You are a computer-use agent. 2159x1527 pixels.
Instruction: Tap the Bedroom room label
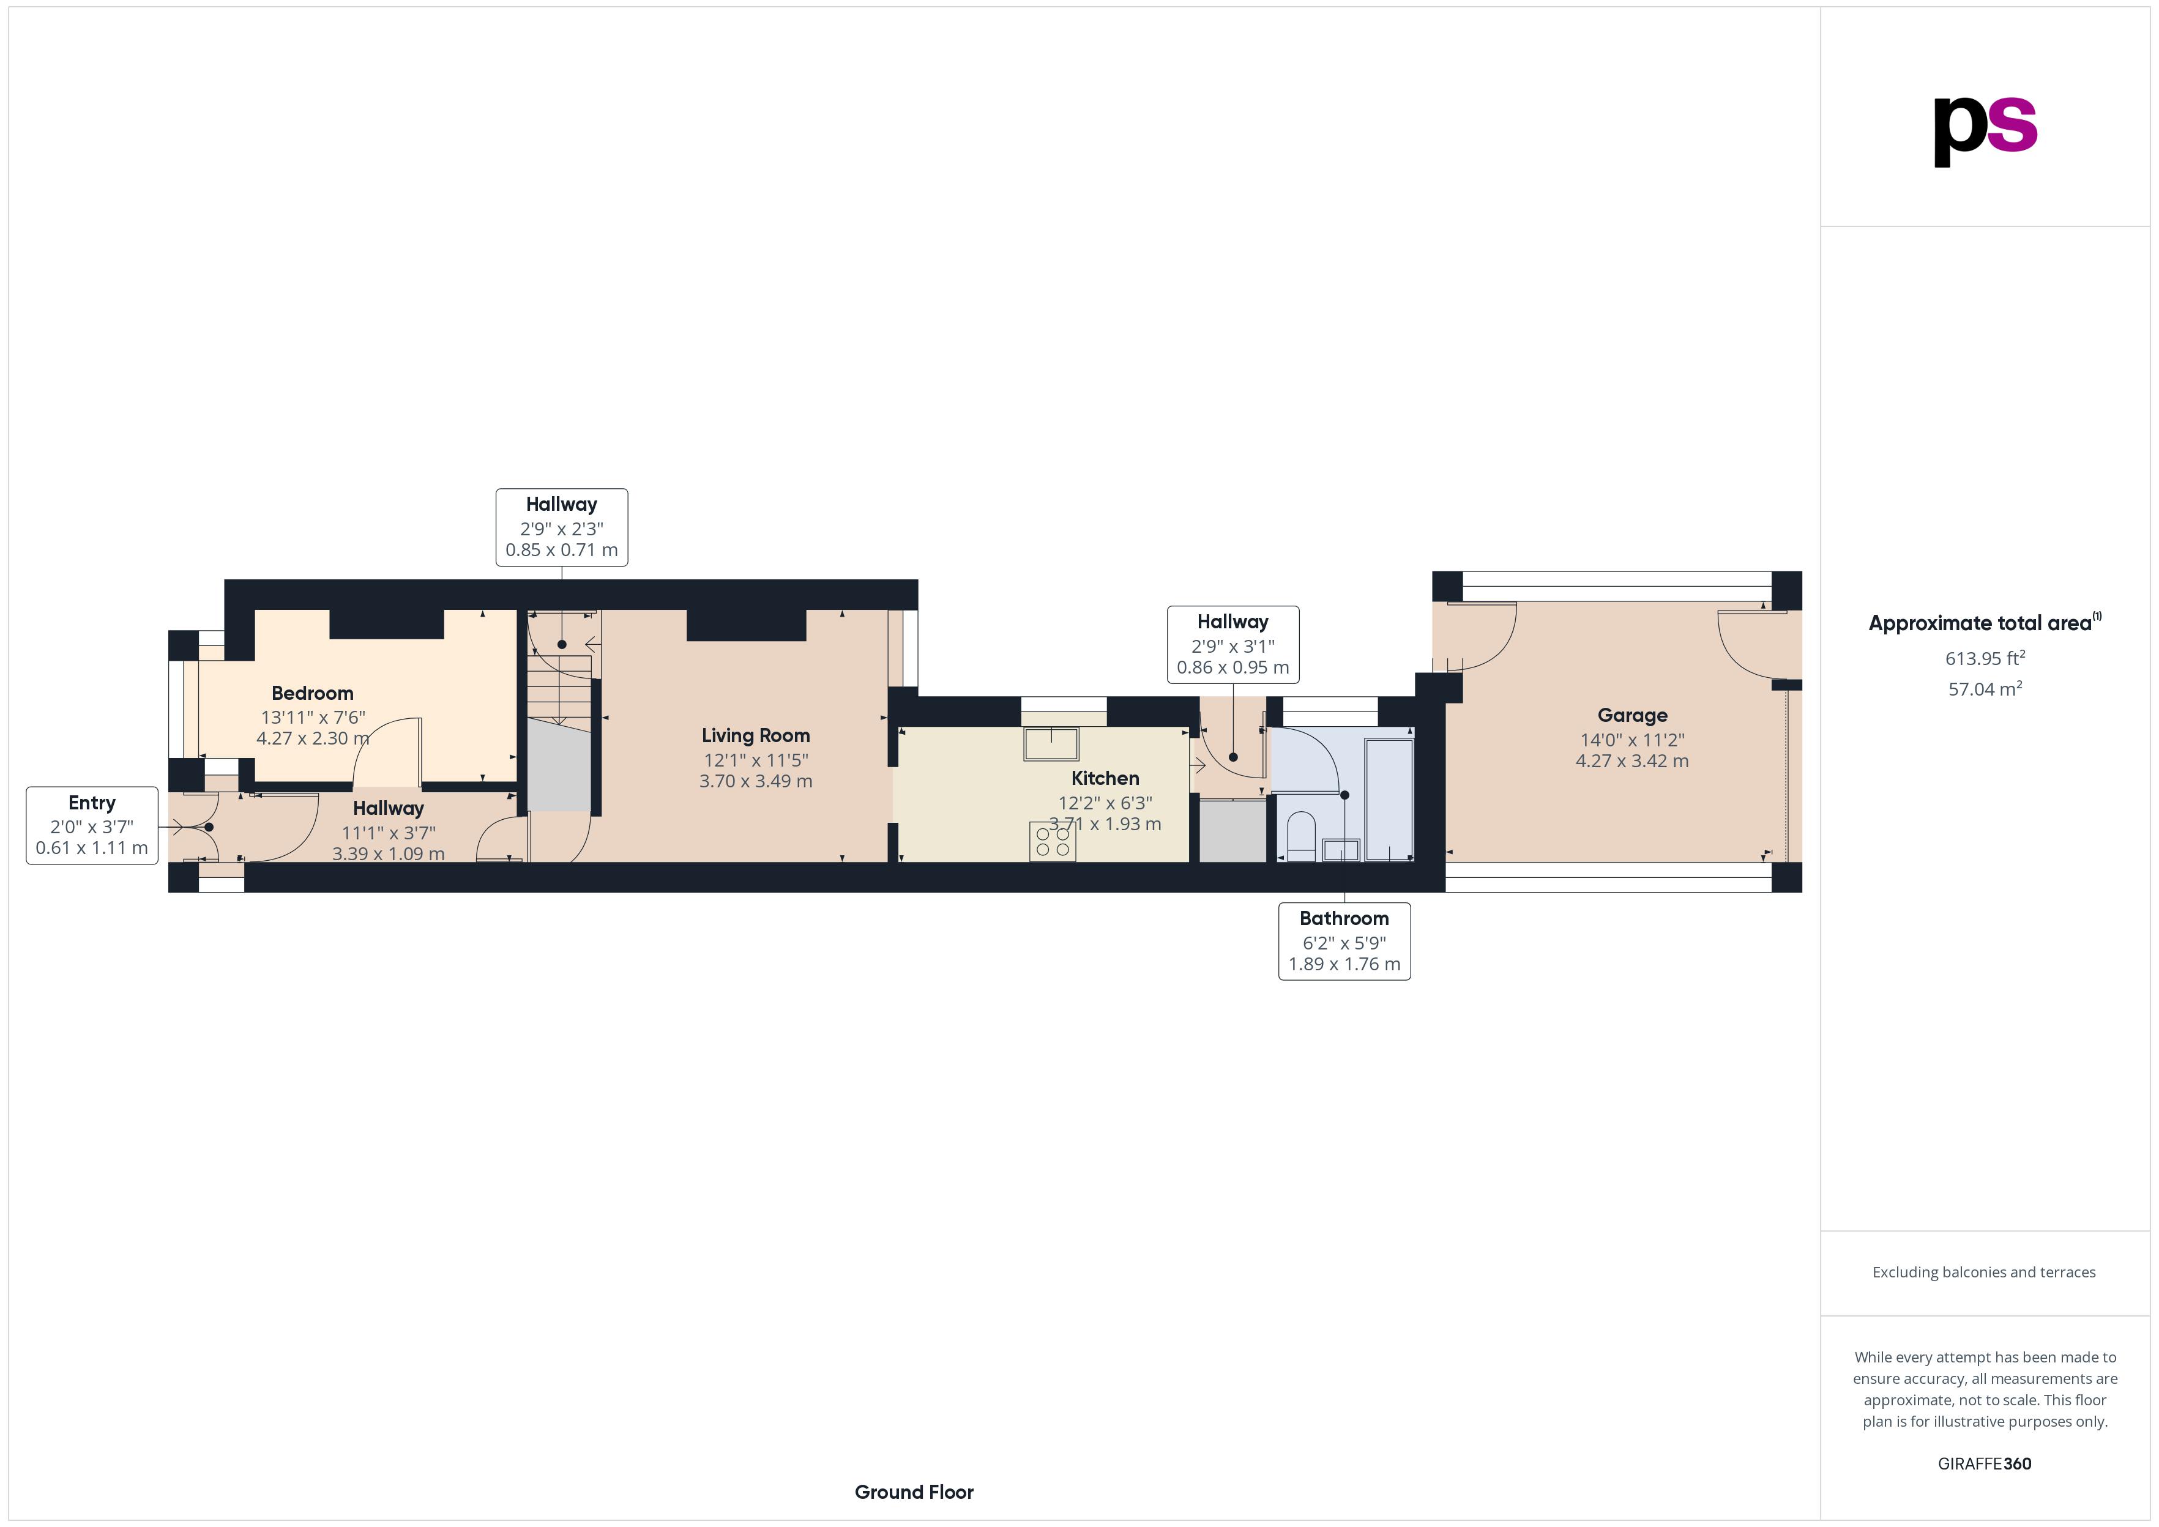(x=312, y=693)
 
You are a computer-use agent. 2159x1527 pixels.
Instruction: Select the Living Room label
(x=755, y=735)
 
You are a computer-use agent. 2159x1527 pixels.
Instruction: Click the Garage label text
(x=1633, y=716)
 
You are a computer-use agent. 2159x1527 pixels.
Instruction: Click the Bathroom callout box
(x=1344, y=940)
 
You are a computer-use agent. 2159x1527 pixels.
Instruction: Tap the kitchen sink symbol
(x=1051, y=743)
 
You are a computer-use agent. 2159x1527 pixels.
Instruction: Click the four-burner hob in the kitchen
(x=1052, y=842)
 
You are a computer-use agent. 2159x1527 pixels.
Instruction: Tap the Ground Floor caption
(x=914, y=1492)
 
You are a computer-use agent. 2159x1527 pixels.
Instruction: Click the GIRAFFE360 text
(x=1984, y=1463)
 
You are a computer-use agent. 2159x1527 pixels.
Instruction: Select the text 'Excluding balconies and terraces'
(x=1984, y=1272)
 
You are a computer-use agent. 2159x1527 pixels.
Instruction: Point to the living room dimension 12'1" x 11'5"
(x=755, y=760)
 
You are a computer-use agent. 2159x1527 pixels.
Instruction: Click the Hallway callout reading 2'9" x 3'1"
(x=1232, y=645)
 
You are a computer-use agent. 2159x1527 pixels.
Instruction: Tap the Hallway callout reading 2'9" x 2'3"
(x=561, y=527)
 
